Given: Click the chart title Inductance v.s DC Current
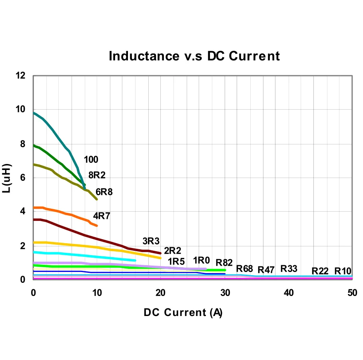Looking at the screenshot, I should pyautogui.click(x=194, y=56).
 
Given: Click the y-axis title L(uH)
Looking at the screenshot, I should pyautogui.click(x=7, y=178).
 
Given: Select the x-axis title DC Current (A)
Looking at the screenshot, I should pyautogui.click(x=183, y=312).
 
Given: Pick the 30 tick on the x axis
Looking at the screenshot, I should pyautogui.click(x=225, y=293).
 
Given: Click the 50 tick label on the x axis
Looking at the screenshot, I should pyautogui.click(x=352, y=293).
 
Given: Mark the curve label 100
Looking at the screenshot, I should pyautogui.click(x=91, y=160).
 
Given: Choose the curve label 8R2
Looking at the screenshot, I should pyautogui.click(x=97, y=175).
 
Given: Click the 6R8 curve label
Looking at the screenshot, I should pyautogui.click(x=104, y=192).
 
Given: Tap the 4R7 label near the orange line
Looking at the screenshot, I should pyautogui.click(x=102, y=216).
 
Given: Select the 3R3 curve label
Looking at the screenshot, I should pyautogui.click(x=151, y=241).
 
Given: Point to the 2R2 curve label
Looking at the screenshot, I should pyautogui.click(x=173, y=251).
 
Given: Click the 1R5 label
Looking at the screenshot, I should pyautogui.click(x=176, y=262).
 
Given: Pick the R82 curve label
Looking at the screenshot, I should pyautogui.click(x=224, y=263).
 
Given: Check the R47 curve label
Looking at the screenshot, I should pyautogui.click(x=266, y=270).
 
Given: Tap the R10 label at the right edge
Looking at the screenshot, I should pyautogui.click(x=343, y=271).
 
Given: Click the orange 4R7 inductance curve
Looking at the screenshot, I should pyautogui.click(x=68, y=214).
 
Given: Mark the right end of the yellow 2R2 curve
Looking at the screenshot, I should pyautogui.click(x=160, y=258).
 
